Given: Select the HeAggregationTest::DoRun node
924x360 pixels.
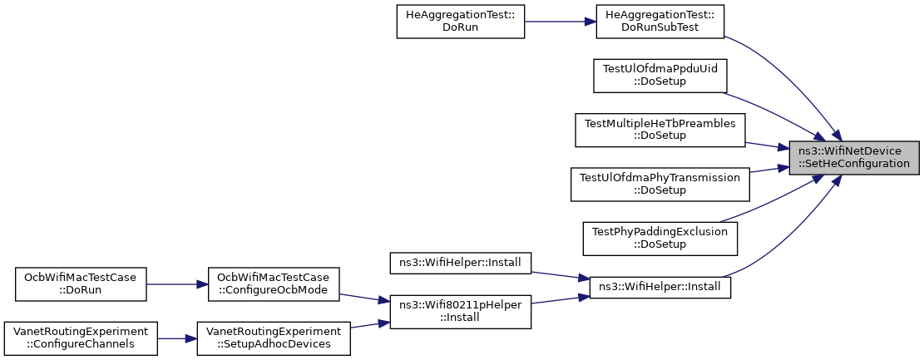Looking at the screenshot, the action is (460, 22).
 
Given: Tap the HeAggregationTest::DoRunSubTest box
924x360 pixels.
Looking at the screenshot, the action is (660, 22).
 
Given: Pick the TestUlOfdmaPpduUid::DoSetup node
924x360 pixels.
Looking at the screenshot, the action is (660, 76).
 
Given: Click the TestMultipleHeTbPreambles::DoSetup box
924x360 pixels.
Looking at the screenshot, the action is (660, 131).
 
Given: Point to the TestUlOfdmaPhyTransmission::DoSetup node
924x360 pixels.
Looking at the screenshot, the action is (660, 185).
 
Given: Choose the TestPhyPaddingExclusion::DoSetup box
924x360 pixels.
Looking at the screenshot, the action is (660, 239).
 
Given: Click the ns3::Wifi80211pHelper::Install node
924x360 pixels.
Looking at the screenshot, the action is (460, 312).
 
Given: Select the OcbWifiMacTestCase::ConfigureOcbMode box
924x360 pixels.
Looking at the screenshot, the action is (274, 284).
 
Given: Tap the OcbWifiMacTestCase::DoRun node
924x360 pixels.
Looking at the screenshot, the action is (80, 284).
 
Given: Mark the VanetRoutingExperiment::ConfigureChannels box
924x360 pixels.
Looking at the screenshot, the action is (80, 338).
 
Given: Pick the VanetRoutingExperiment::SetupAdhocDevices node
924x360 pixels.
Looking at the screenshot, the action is (274, 338).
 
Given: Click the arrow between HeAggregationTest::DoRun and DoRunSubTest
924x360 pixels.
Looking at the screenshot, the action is (561, 22).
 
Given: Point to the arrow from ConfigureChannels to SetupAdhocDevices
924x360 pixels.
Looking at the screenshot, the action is (177, 338).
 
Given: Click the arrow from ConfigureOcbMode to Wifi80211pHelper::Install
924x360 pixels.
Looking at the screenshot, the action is (365, 298).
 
